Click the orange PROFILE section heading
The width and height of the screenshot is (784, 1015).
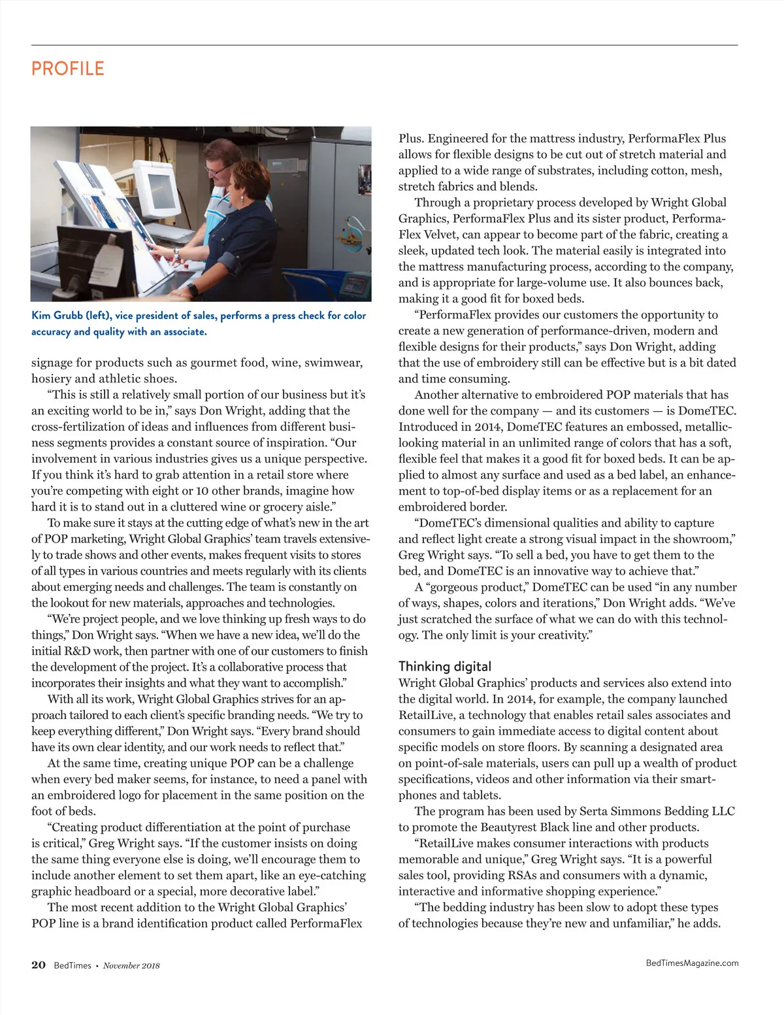click(67, 69)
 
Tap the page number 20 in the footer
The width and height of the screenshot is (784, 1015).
click(39, 965)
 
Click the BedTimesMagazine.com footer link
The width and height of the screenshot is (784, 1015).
click(692, 963)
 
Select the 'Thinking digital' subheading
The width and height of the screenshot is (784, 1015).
click(444, 666)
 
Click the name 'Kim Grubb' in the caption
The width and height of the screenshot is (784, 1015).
click(57, 316)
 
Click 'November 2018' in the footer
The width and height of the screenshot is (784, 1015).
click(131, 965)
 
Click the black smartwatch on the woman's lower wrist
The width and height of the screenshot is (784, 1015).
click(193, 289)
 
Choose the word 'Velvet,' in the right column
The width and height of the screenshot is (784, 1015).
click(424, 235)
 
